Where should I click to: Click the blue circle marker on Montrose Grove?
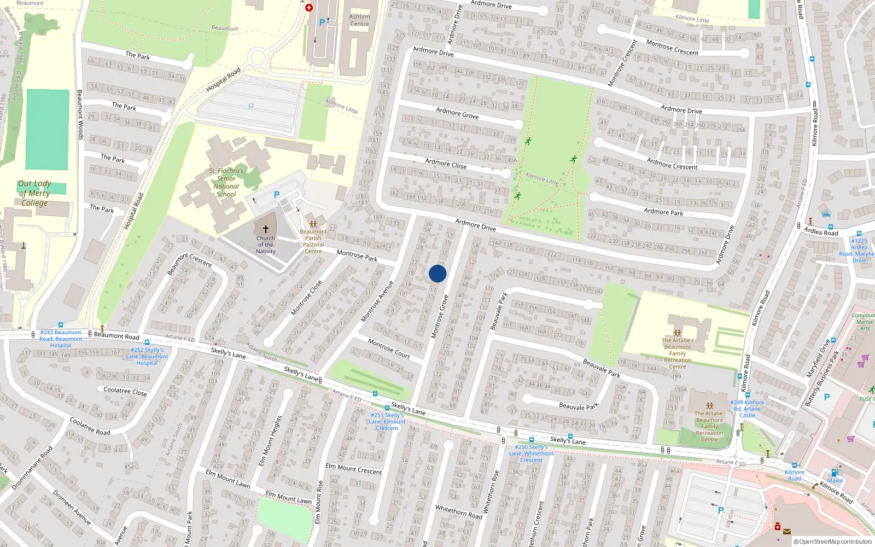pos(437,273)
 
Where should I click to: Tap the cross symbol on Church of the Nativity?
pos(266,230)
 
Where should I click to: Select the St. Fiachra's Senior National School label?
pos(226,182)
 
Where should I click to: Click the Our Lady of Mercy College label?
pos(34,193)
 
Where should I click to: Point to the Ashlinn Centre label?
pos(359,20)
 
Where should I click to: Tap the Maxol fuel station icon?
pos(835,473)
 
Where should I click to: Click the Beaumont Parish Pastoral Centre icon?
pos(313,224)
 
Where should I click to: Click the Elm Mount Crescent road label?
pos(354,469)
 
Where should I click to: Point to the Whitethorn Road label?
pos(459,511)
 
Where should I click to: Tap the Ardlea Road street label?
pos(821,232)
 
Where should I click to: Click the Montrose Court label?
pos(389,348)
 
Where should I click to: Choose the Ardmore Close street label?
pos(446,164)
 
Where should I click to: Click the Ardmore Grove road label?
pos(457,113)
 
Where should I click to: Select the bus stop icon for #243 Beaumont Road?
pos(61,325)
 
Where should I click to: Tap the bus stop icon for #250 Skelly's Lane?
pos(531,440)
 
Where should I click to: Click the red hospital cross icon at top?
pos(309,8)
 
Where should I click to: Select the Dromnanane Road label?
pos(32,468)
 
